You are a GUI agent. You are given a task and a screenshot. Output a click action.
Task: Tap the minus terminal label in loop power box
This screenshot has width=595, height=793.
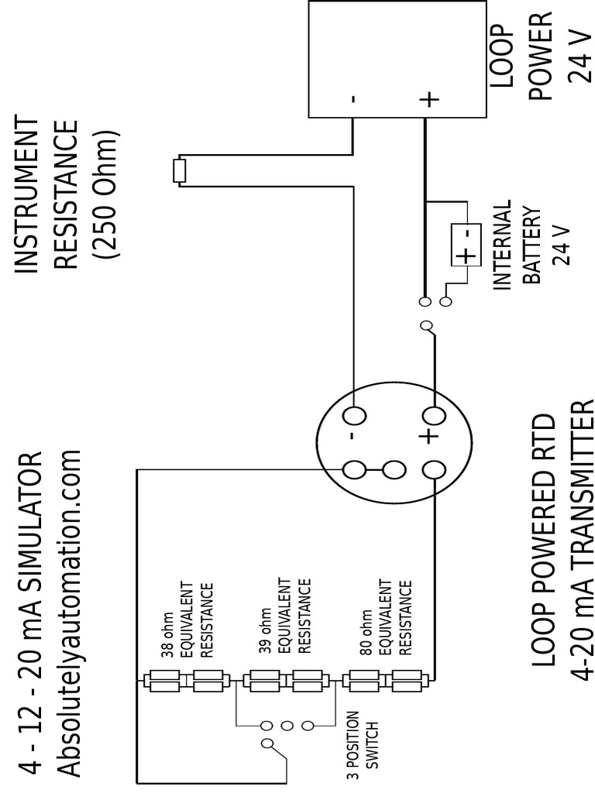pos(353,99)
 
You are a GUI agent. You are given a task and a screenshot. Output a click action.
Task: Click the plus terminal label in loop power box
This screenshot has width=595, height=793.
pos(428,99)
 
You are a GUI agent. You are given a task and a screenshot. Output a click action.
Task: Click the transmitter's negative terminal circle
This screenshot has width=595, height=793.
pos(355,416)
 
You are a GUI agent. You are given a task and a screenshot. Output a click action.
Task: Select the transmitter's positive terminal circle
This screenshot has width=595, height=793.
pos(435,416)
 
